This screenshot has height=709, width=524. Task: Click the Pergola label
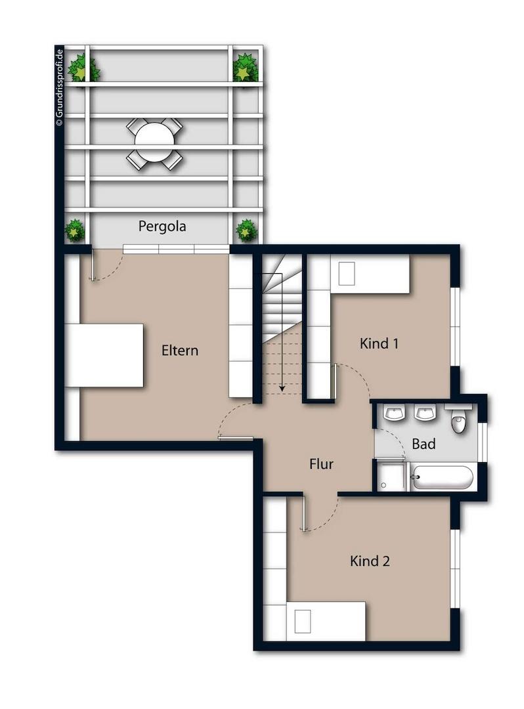pyautogui.click(x=162, y=226)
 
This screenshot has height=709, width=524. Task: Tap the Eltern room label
pyautogui.click(x=179, y=350)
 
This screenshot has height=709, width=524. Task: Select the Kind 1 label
pyautogui.click(x=380, y=343)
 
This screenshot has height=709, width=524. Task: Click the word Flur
pyautogui.click(x=321, y=464)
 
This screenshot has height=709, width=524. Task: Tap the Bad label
pyautogui.click(x=424, y=444)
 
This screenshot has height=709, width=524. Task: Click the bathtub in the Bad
pyautogui.click(x=441, y=478)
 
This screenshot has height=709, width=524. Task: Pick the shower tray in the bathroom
pyautogui.click(x=392, y=477)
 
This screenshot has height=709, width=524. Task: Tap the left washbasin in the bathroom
pyautogui.click(x=395, y=414)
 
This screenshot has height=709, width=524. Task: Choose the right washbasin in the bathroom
pyautogui.click(x=426, y=414)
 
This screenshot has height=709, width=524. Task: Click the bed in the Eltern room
pyautogui.click(x=105, y=355)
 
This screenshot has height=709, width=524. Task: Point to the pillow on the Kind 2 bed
pyautogui.click(x=303, y=620)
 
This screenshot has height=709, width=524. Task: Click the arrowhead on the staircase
pyautogui.click(x=282, y=389)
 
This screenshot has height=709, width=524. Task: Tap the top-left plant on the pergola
pyautogui.click(x=82, y=69)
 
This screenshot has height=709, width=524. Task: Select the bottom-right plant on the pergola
pyautogui.click(x=246, y=230)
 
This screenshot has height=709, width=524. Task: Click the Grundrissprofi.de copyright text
pyautogui.click(x=59, y=85)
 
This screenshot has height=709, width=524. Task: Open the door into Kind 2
pyautogui.click(x=303, y=513)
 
